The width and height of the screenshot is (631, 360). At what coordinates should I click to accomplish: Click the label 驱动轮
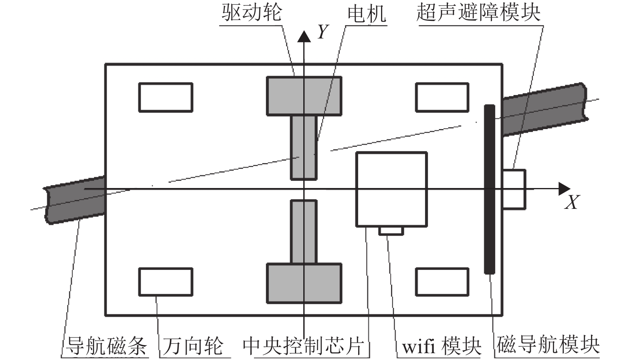[x=252, y=13]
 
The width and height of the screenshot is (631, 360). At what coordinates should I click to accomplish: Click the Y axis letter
[x=323, y=31]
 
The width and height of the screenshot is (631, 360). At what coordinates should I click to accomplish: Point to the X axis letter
[x=572, y=202]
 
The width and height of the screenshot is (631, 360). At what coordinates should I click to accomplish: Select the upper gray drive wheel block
[x=304, y=96]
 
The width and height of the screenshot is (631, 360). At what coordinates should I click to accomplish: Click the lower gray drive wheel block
[x=304, y=283]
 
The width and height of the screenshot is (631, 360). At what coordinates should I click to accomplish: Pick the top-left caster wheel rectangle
[x=165, y=97]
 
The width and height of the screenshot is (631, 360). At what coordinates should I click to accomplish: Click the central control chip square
[x=391, y=189]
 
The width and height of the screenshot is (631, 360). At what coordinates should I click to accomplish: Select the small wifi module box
[x=391, y=231]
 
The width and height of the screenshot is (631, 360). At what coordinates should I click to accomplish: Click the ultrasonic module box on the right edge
[x=514, y=189]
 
